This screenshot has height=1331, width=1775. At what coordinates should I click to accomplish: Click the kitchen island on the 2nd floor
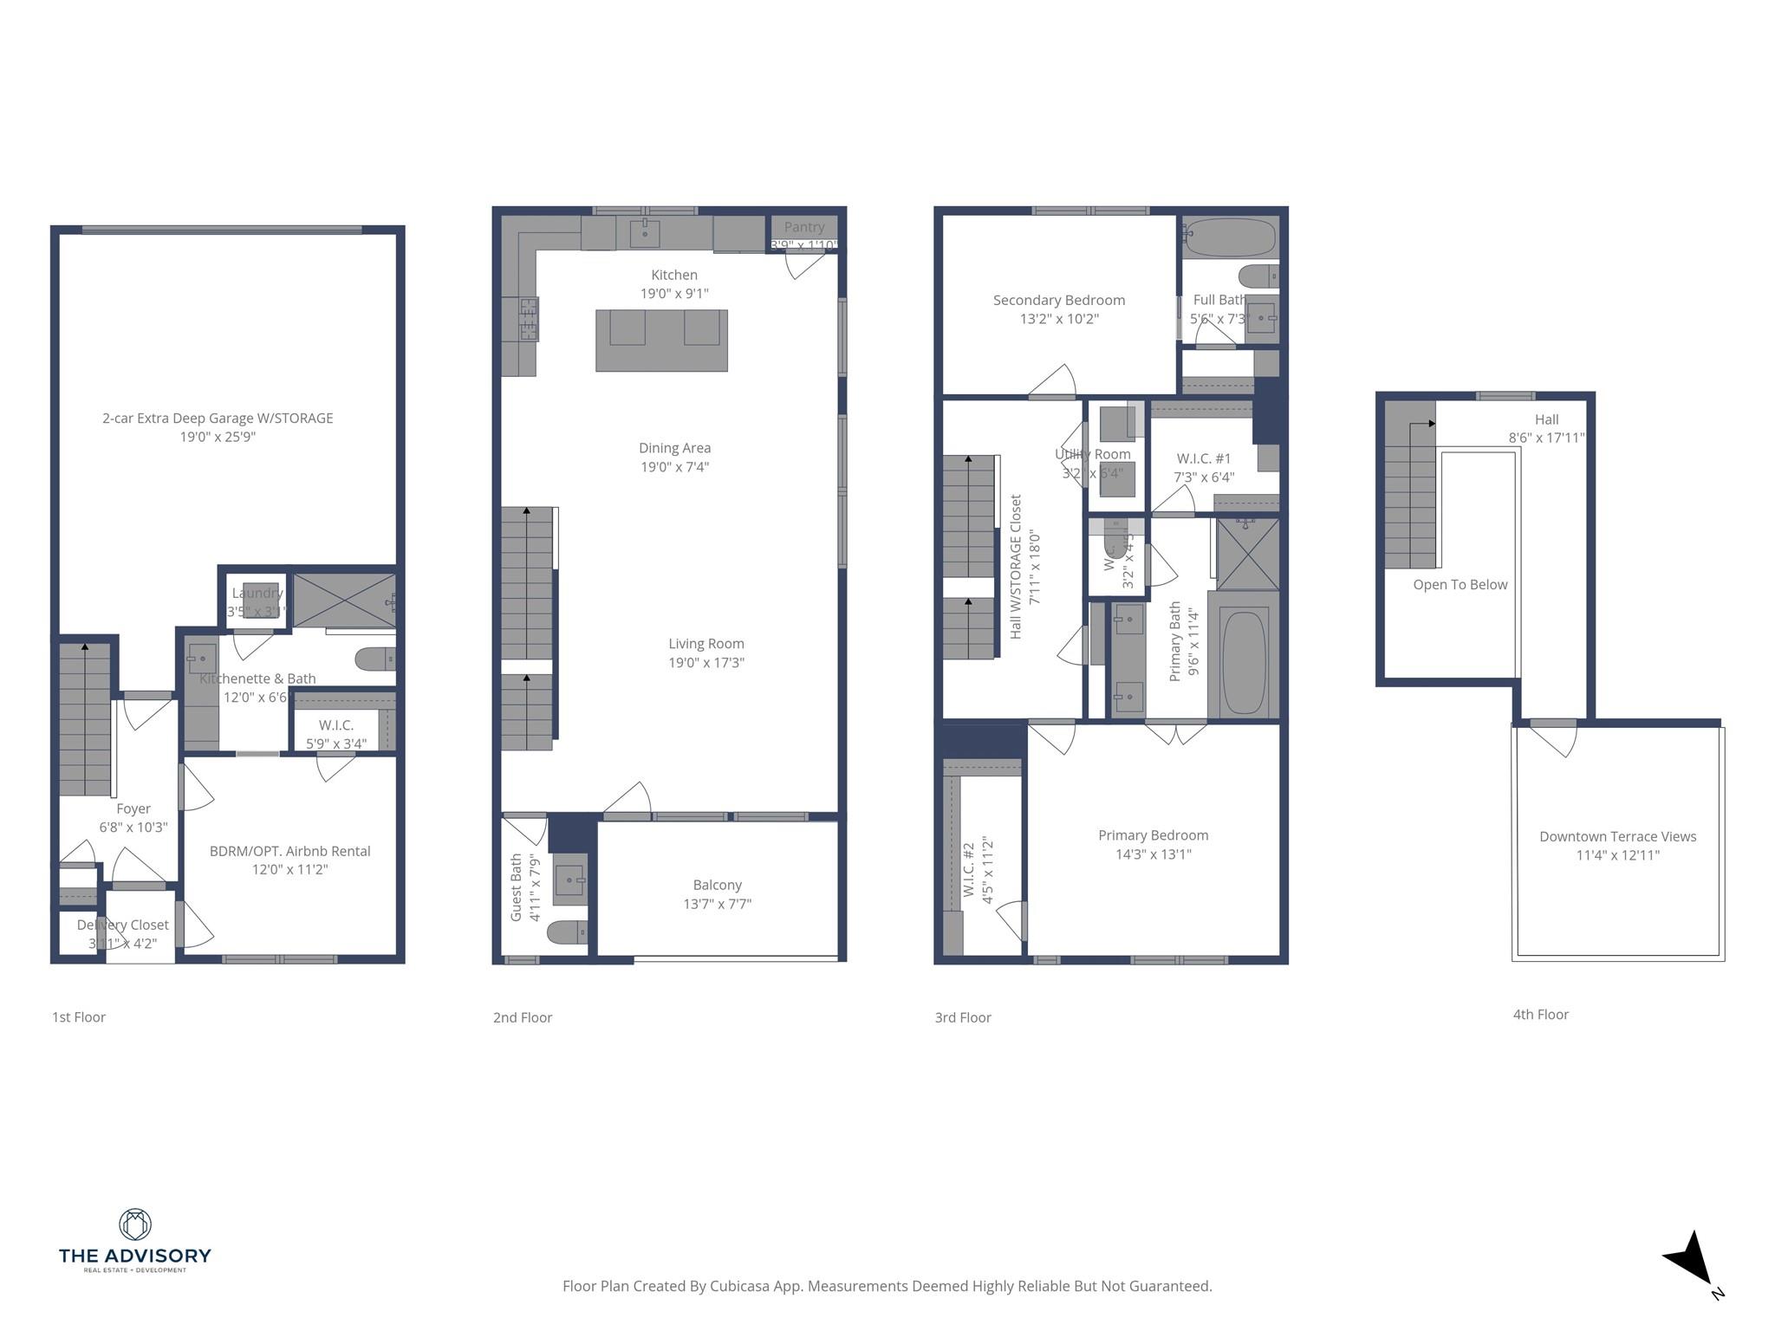tap(661, 341)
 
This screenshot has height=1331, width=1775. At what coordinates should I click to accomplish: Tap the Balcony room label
tap(717, 885)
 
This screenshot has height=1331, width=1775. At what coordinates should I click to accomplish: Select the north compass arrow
tap(1691, 1260)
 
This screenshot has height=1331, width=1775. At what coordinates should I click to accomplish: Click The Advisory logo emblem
tap(134, 1224)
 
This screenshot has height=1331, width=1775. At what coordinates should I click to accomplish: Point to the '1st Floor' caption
tap(79, 1017)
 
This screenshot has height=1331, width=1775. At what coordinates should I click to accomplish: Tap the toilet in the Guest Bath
tap(569, 932)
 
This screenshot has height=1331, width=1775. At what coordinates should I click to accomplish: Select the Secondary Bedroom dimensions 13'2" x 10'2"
tap(1059, 319)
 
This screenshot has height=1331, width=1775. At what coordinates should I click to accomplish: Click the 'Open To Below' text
tap(1460, 585)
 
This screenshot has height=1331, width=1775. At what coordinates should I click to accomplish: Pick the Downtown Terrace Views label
tap(1617, 836)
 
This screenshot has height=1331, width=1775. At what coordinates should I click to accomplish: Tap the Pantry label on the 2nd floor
tap(803, 227)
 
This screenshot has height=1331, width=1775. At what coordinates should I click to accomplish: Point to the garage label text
tap(218, 418)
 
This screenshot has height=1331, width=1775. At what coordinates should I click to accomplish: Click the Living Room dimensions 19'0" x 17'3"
tap(706, 663)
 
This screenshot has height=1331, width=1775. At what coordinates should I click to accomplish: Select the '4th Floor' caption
tap(1540, 1015)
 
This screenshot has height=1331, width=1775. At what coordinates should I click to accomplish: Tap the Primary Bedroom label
tap(1153, 835)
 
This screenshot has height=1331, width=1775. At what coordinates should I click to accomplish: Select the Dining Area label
tap(674, 448)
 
